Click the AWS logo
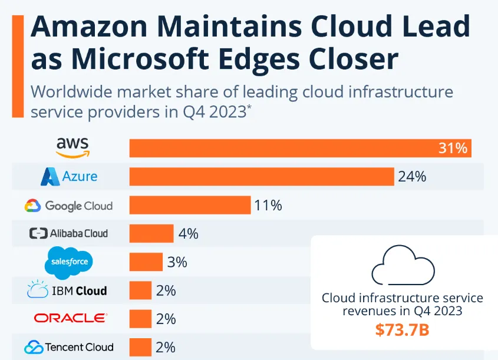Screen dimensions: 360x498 [72, 147]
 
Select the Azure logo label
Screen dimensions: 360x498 [69, 176]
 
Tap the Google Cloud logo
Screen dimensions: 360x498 [69, 206]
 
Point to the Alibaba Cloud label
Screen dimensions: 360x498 [69, 233]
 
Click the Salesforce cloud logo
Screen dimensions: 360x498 [70, 262]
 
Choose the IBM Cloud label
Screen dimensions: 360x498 [67, 290]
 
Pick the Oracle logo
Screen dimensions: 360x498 [70, 318]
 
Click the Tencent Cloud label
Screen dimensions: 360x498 [69, 346]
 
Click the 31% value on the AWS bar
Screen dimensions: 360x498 [453, 148]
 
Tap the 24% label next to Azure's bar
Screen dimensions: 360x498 [412, 177]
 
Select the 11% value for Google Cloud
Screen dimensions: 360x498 [268, 205]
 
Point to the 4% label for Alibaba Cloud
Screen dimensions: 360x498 [188, 233]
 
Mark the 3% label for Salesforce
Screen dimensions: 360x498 [177, 262]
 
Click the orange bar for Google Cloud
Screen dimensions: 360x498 [190, 205]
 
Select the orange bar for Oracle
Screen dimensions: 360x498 [140, 319]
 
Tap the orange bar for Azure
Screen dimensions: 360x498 [261, 176]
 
